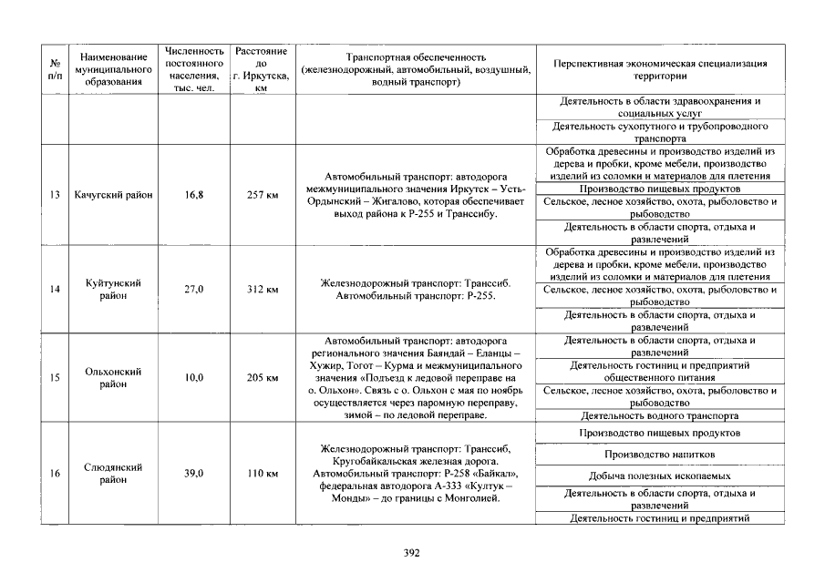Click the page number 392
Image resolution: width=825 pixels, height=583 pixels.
(x=411, y=553)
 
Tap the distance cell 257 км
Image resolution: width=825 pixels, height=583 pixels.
(x=262, y=194)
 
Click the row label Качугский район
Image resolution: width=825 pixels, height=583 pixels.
(x=113, y=194)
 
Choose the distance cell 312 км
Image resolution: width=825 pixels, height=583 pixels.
(x=262, y=289)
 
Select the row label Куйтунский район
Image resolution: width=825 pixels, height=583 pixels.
(x=113, y=289)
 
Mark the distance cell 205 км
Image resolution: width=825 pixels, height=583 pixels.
(x=262, y=377)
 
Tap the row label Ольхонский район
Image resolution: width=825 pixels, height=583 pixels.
(x=113, y=377)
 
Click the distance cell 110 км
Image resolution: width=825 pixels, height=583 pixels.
(x=262, y=474)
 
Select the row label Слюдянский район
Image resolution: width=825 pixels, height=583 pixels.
(x=113, y=474)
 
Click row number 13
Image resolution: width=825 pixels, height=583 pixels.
(x=55, y=194)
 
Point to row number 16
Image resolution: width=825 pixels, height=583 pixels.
(x=55, y=474)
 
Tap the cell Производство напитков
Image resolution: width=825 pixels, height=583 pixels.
(x=659, y=454)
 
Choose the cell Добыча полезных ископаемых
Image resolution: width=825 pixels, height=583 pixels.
(x=659, y=476)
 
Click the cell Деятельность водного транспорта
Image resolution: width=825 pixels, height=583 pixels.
(x=659, y=414)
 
